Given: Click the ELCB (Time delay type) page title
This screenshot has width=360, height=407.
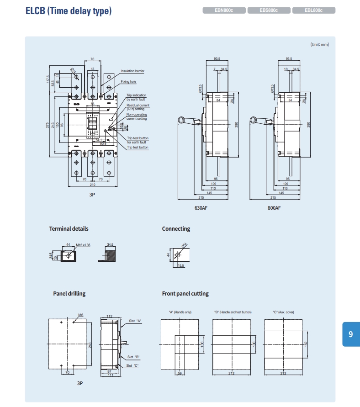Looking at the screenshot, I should coord(69,11).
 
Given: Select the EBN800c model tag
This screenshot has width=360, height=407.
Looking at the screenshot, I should coord(224,10).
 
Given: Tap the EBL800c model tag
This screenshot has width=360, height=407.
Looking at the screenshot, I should coord(314,10).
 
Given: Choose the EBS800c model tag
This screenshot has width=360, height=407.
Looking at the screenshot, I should coord(269,10).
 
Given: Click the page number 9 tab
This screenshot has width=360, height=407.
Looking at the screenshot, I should coord(350,334).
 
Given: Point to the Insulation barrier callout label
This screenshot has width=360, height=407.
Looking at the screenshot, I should coord(132,71).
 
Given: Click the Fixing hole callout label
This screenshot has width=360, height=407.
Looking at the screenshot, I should coord(128,82).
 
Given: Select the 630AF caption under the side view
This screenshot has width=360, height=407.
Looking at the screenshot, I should coord(201,207).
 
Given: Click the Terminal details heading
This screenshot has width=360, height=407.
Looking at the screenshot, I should coord(69,229).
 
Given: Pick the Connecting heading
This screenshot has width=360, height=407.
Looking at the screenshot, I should coord(176,229).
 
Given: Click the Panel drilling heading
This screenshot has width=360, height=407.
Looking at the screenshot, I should coord(69,294).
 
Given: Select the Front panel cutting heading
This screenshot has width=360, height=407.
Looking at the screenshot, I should coord(185,294).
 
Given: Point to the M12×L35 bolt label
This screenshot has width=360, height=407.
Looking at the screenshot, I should coord(83,245).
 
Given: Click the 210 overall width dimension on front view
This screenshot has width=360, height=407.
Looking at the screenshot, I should coord(93,185).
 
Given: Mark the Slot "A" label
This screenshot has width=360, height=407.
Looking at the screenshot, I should coord(135,321).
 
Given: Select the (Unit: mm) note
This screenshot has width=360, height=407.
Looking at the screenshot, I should coord(319,44).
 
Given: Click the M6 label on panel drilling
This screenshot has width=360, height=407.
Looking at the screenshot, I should coord(81,315).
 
